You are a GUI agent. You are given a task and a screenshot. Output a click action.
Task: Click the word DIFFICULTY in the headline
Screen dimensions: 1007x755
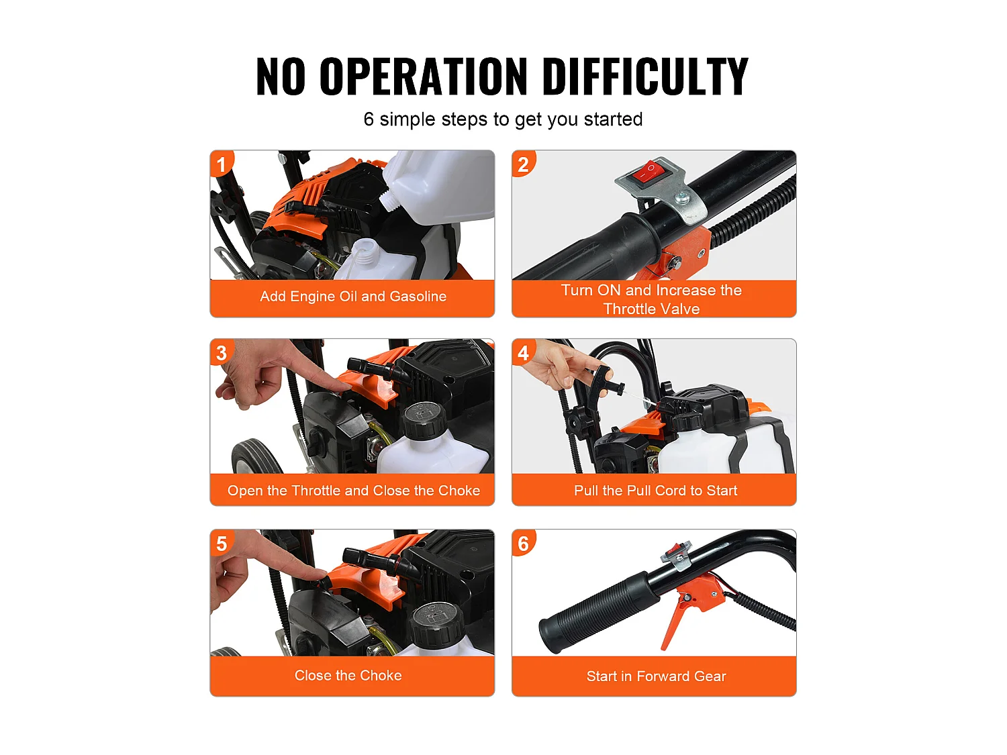pos(645,76)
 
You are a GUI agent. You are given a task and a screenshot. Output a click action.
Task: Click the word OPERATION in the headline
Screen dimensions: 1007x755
pos(423,76)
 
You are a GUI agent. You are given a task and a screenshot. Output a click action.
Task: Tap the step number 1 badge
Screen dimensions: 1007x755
pos(222,164)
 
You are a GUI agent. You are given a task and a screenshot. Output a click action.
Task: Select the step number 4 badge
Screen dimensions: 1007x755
pos(524,352)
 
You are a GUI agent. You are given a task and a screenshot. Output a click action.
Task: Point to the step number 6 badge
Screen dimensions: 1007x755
pos(524,543)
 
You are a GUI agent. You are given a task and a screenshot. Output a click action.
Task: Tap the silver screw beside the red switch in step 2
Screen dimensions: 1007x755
pos(683,197)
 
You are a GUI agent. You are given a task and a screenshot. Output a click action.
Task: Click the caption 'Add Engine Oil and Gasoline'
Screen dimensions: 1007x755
pos(353,296)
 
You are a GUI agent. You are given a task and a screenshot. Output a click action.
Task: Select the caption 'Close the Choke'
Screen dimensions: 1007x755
pos(348,674)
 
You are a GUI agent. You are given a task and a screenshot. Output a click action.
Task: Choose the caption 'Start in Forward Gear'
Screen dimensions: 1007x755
pos(656,676)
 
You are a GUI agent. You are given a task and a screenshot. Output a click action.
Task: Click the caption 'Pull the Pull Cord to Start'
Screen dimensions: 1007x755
pos(656,490)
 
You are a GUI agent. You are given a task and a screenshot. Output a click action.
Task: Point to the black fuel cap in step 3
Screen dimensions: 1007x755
pos(424,420)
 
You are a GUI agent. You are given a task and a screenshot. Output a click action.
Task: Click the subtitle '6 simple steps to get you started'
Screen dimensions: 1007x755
pos(503,119)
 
